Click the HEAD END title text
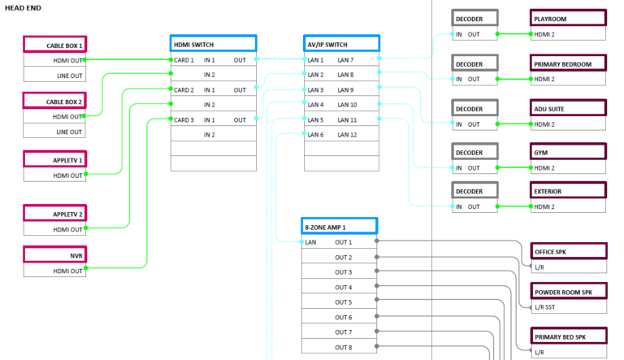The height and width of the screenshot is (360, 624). [24, 7]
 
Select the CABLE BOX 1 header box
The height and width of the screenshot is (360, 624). [54, 45]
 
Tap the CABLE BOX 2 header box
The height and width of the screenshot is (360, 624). [54, 102]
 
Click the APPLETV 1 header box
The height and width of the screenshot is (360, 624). [54, 160]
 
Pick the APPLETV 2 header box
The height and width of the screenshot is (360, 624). [54, 215]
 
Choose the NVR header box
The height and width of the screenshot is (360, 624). [54, 256]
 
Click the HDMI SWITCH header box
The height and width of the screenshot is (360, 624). [213, 44]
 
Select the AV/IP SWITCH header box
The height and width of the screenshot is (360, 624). [340, 44]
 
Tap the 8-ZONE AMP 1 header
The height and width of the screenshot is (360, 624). [339, 227]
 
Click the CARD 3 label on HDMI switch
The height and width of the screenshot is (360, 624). [183, 119]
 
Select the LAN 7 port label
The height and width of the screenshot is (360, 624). [346, 60]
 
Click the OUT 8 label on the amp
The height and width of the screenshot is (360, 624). [344, 347]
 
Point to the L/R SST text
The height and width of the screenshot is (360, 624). [545, 307]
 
